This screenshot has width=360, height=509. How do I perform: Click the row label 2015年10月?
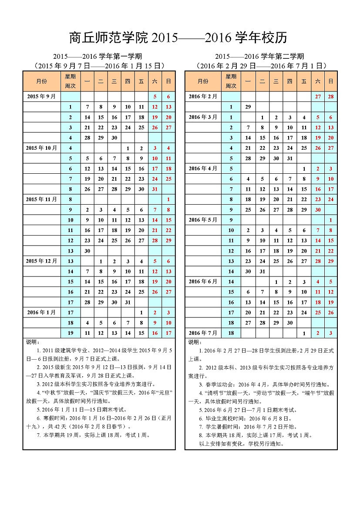click(41, 148)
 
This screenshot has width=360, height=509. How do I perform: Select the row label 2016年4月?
click(203, 169)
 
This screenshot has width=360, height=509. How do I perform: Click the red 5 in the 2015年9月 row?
click(155, 97)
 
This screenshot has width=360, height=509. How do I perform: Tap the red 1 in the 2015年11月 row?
click(168, 199)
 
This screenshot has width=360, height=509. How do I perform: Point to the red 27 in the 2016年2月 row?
click(318, 97)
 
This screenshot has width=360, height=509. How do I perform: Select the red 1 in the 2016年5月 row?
click(331, 220)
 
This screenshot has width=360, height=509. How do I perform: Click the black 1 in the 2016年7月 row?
click(304, 333)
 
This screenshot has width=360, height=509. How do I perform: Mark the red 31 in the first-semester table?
click(155, 189)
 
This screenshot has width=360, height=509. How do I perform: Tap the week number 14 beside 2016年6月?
click(231, 282)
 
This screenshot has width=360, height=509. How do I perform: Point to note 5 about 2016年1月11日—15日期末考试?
click(81, 409)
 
